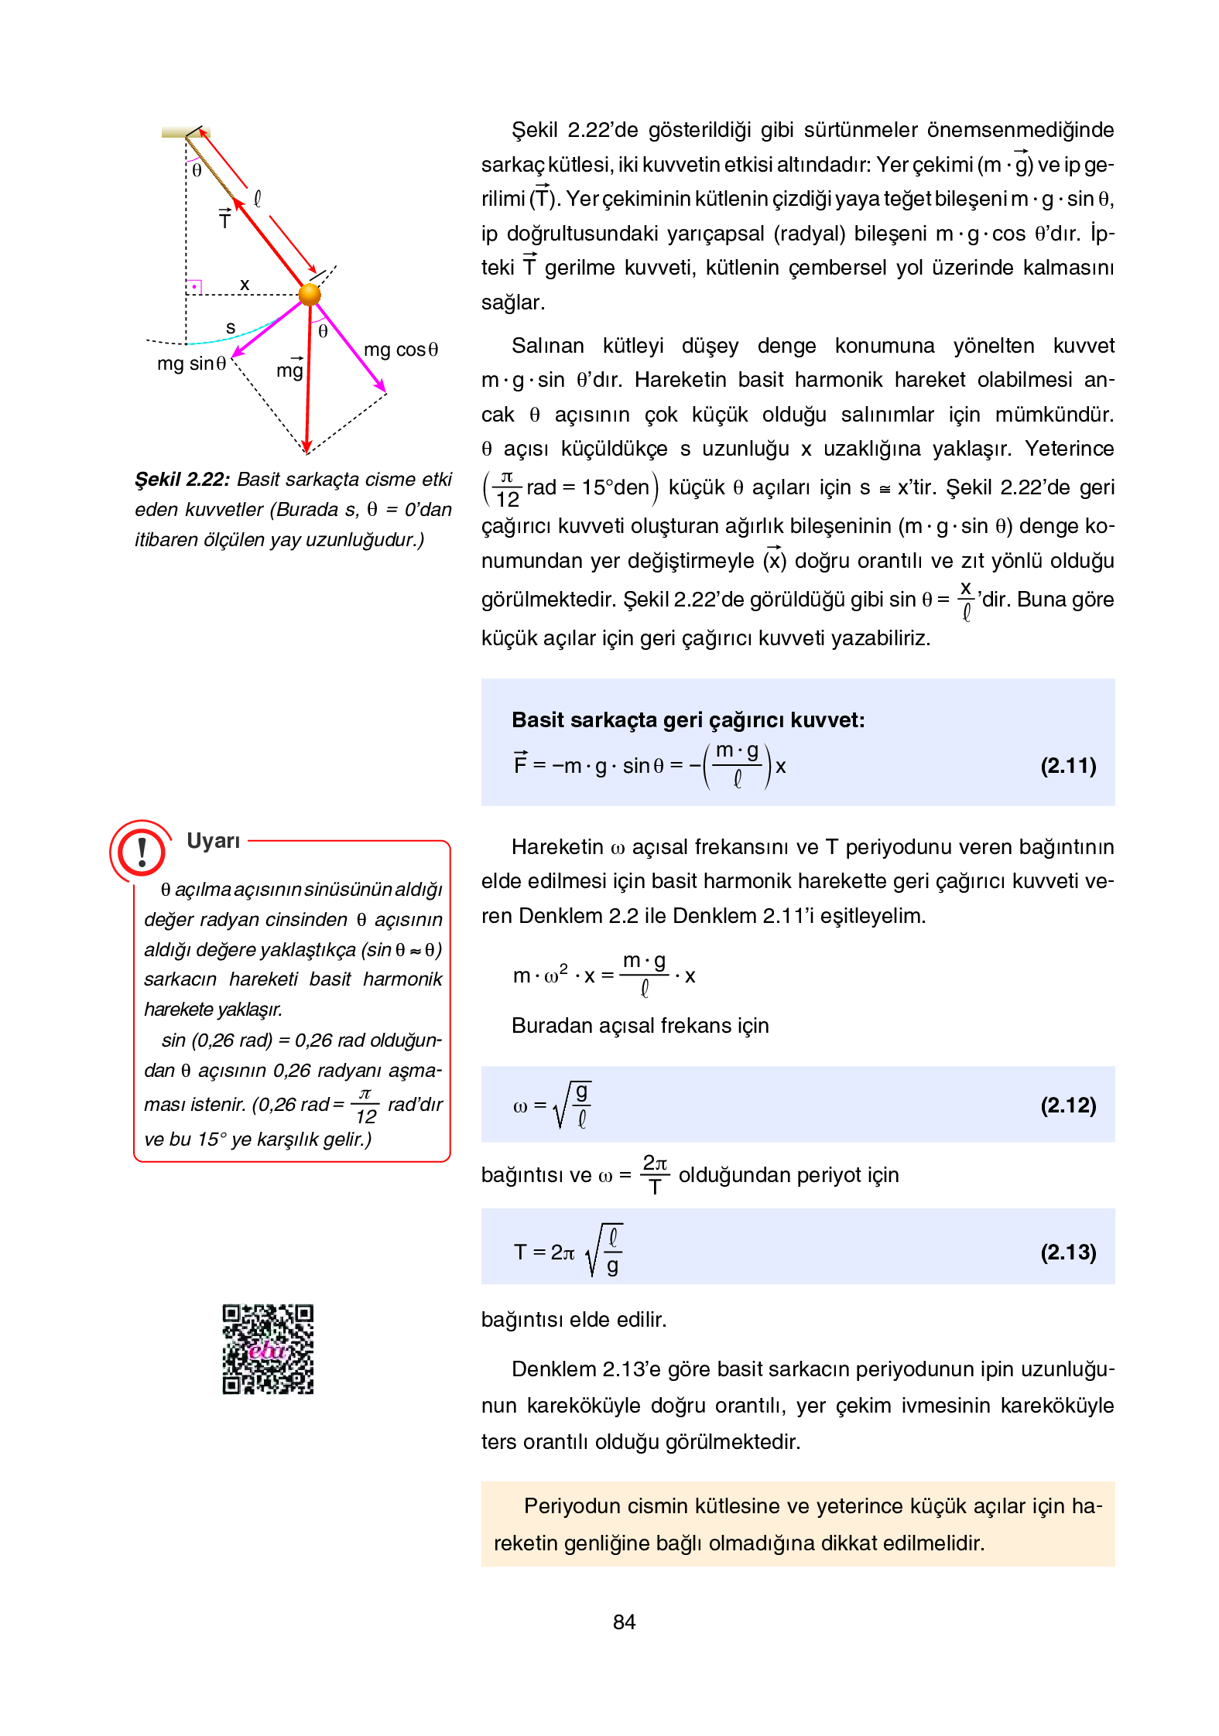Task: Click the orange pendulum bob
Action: [x=309, y=294]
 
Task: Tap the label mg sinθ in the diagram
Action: [x=191, y=363]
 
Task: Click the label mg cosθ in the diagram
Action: [x=400, y=350]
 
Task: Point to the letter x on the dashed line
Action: [x=245, y=284]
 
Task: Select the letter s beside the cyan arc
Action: [x=230, y=327]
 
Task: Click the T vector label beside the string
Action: [x=224, y=220]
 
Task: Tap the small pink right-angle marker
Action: [x=194, y=287]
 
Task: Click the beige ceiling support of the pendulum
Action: [x=185, y=132]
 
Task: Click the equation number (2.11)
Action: [x=1067, y=766]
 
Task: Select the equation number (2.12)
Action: [x=1067, y=1105]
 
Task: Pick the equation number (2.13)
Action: [x=1067, y=1252]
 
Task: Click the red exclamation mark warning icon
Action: [x=141, y=852]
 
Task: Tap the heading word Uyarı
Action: [x=213, y=841]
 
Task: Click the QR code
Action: [x=268, y=1349]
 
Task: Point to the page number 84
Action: [x=624, y=1622]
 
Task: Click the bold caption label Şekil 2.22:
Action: [x=182, y=480]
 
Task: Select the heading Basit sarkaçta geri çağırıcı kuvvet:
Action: [x=687, y=720]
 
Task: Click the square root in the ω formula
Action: [x=574, y=1105]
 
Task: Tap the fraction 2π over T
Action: [x=654, y=1174]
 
